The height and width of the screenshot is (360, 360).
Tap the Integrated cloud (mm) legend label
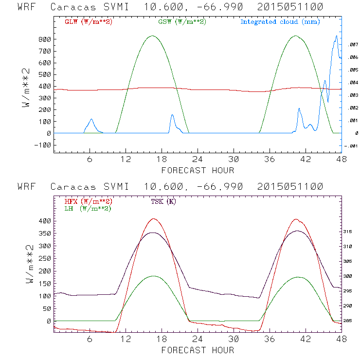[x=280, y=22]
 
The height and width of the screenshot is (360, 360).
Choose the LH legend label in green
[x=88, y=208]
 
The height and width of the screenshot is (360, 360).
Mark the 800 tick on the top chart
[x=44, y=39]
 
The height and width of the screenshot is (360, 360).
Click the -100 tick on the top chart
[x=42, y=145]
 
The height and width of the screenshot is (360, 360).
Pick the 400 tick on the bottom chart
[x=44, y=221]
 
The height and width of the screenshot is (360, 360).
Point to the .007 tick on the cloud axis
[x=353, y=45]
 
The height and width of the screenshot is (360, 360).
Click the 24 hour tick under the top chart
[x=198, y=159]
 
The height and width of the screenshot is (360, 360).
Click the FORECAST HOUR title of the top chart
[x=198, y=170]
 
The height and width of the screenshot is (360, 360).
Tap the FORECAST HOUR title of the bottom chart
[x=198, y=350]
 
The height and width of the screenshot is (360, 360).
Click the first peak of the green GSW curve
[x=152, y=36]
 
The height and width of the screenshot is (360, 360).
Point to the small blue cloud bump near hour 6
[x=91, y=119]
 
